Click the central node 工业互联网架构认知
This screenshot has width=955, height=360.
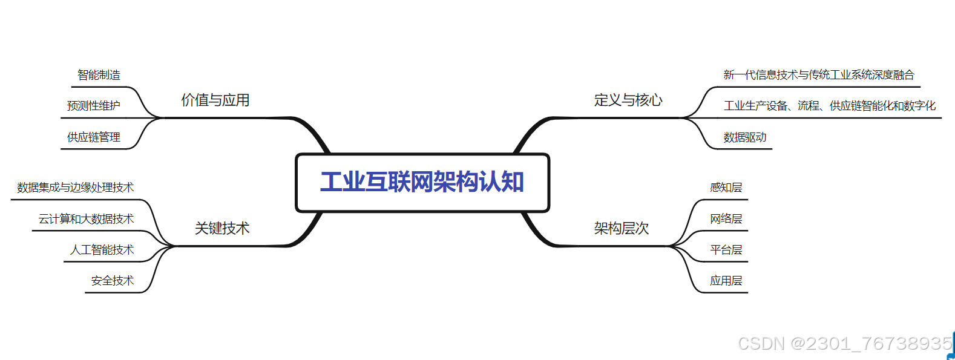[422, 182]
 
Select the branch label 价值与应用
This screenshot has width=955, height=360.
[215, 100]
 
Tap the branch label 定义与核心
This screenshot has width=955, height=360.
[628, 100]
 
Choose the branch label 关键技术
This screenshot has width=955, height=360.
[222, 228]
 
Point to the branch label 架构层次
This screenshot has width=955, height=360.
[622, 228]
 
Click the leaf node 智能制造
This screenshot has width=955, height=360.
[99, 75]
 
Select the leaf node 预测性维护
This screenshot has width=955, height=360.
[94, 106]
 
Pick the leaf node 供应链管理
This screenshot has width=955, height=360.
[94, 137]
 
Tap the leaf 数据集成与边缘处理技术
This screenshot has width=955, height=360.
[76, 188]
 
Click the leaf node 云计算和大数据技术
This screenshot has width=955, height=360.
[87, 219]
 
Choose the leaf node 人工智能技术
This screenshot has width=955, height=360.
[102, 250]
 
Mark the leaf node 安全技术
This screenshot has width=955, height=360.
[113, 281]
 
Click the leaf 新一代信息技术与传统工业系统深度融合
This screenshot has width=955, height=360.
[819, 75]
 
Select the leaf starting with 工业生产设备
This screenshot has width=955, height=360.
[830, 106]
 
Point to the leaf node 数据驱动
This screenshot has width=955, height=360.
[745, 137]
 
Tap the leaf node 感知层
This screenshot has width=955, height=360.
[726, 188]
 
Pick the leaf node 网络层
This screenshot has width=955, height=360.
[726, 219]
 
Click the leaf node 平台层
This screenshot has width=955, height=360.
[726, 250]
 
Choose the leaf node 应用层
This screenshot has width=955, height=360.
[726, 281]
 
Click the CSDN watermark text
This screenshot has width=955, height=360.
[845, 344]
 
